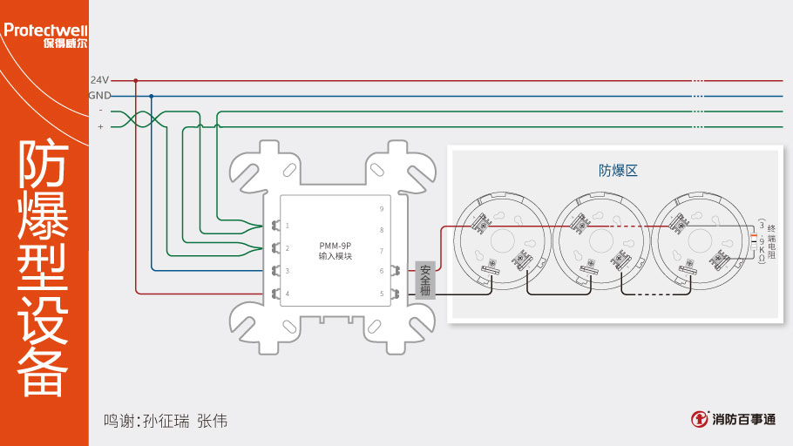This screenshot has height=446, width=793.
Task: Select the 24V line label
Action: [x=99, y=79]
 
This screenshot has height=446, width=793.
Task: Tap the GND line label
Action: [x=99, y=95]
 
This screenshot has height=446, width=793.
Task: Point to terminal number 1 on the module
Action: [x=288, y=226]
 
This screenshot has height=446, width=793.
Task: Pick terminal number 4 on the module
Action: [x=288, y=294]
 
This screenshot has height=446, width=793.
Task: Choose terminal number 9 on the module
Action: [x=381, y=209]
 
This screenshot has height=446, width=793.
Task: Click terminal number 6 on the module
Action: [x=381, y=272]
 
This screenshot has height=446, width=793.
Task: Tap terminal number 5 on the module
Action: [x=381, y=294]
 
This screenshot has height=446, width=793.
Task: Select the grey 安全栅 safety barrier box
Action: [x=425, y=280]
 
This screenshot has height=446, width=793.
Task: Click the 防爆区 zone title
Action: [x=618, y=171]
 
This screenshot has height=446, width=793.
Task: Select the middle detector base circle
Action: [x=600, y=240]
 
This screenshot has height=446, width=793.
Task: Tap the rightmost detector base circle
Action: [x=699, y=240]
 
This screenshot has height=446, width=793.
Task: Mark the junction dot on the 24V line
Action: [x=136, y=79]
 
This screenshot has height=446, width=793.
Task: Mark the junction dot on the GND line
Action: [x=152, y=96]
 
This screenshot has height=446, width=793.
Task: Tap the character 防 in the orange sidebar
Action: [x=44, y=166]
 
